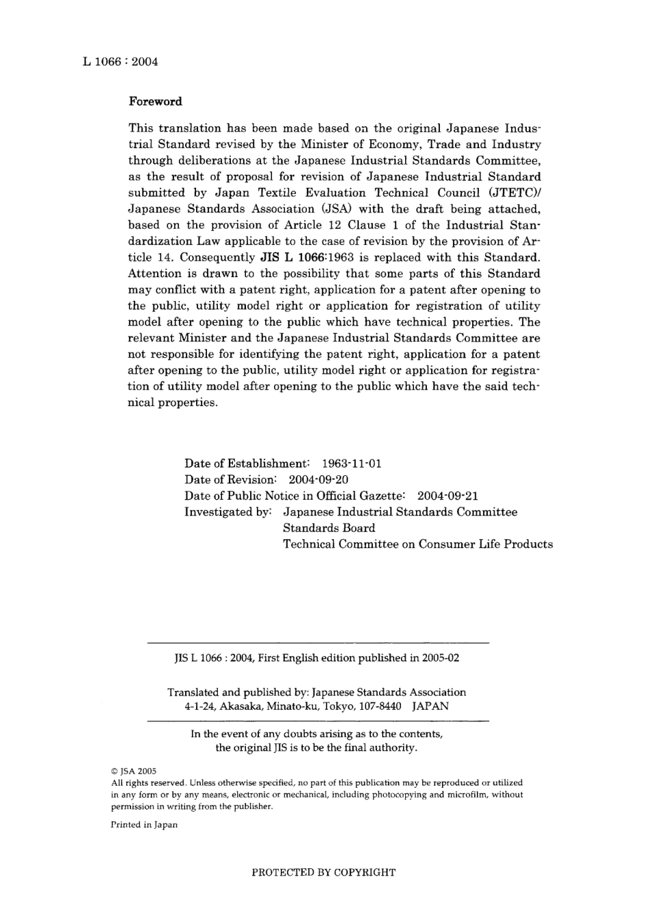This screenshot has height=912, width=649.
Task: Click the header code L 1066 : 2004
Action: click(x=120, y=61)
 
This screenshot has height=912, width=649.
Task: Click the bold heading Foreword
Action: click(x=156, y=102)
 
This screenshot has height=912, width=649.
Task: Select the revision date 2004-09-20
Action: click(x=318, y=479)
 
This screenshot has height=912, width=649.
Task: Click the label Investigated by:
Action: click(x=229, y=512)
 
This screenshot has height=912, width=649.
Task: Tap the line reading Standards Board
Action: click(x=329, y=528)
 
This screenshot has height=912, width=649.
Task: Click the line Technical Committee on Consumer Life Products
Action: click(x=418, y=544)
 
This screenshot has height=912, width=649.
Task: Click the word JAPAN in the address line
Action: click(x=430, y=707)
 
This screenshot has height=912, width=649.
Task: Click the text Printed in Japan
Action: click(x=144, y=825)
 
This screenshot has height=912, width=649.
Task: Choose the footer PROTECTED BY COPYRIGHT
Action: click(x=324, y=872)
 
